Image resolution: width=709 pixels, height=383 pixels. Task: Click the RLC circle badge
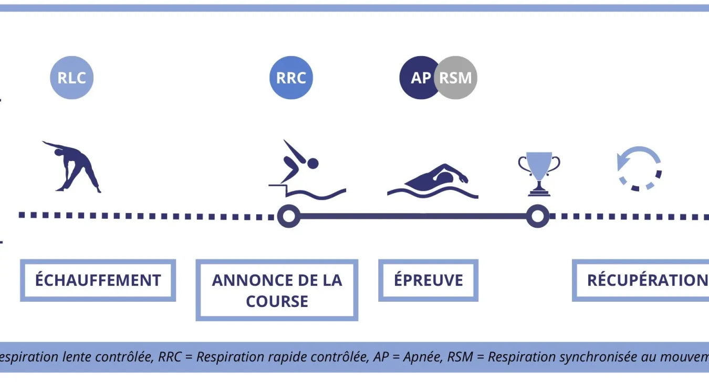(x=71, y=78)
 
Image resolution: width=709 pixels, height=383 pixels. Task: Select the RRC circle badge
(x=291, y=78)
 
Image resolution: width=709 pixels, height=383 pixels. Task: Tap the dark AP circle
(x=419, y=78)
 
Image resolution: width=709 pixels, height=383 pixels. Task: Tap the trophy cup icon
(x=539, y=173)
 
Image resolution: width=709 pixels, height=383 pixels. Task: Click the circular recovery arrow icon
(x=639, y=168)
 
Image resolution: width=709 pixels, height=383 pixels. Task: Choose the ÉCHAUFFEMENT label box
(x=98, y=280)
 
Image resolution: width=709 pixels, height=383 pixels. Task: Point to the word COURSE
(x=277, y=302)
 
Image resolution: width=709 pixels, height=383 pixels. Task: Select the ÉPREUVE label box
(x=429, y=280)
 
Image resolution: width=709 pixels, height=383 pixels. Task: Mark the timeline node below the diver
(x=288, y=216)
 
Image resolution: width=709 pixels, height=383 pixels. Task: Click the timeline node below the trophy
(x=537, y=216)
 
